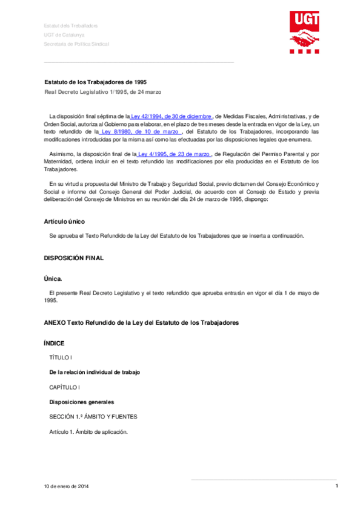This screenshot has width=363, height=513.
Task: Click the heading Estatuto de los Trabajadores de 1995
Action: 96,81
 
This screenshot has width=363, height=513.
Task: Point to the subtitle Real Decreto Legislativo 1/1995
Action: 102,91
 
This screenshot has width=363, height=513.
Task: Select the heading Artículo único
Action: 66,221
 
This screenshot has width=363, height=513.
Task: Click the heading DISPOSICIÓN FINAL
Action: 74,258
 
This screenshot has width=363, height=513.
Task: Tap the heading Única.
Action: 53,279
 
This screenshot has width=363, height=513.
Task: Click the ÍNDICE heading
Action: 54,343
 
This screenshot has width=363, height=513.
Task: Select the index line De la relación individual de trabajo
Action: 99,372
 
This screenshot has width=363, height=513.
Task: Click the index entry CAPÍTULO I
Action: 65,387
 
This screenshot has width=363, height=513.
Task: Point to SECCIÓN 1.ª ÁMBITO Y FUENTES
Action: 93,416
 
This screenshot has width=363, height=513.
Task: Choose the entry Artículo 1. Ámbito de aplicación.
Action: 88,431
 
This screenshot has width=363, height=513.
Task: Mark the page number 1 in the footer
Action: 336,486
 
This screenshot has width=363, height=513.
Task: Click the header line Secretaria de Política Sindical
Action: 76,44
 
